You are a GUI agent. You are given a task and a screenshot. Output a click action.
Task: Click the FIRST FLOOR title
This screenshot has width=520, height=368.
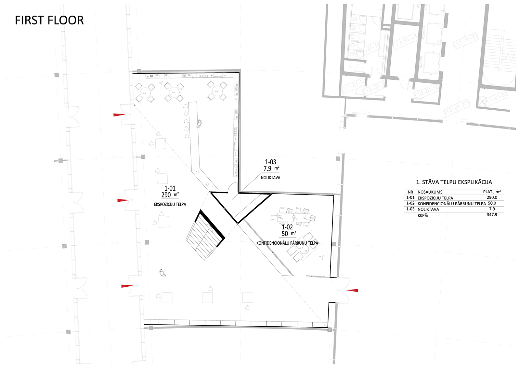click(49, 20)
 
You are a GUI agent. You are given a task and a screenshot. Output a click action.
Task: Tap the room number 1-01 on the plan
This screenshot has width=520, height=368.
click(170, 188)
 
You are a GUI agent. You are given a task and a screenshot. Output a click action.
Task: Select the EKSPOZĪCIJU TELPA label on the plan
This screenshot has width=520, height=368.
click(170, 204)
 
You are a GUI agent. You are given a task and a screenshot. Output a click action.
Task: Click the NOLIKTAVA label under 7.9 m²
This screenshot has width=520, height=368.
click(270, 178)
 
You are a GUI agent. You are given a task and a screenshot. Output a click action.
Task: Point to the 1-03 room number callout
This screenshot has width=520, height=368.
click(270, 162)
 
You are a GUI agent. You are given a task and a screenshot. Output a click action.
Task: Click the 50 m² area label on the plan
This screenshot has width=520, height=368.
click(288, 234)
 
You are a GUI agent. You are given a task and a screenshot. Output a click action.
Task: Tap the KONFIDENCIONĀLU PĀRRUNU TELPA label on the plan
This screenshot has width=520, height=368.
click(287, 243)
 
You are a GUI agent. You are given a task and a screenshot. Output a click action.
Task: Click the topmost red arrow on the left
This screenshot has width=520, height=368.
click(119, 115)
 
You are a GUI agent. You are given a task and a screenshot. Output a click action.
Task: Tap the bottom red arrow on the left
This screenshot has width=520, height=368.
click(127, 286)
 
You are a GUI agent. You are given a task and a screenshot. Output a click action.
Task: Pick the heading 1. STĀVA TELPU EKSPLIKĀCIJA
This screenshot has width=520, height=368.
click(454, 182)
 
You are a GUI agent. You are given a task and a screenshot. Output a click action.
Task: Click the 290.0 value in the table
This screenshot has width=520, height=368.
click(492, 198)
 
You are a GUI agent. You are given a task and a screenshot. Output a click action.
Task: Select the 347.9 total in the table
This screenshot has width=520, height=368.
click(492, 215)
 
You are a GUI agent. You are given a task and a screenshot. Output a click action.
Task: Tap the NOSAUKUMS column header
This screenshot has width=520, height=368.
click(430, 192)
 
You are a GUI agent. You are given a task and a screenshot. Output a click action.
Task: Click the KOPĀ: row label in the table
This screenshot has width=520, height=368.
click(423, 215)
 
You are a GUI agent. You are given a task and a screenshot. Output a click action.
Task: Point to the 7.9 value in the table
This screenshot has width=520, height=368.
click(492, 209)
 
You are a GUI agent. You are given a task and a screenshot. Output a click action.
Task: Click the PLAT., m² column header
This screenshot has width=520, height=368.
click(492, 192)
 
